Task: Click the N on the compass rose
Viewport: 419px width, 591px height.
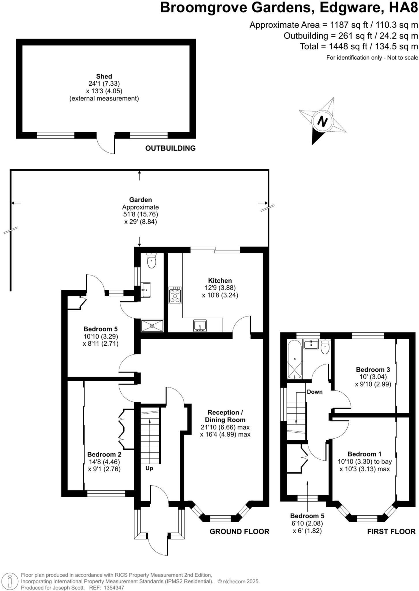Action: [x=322, y=121]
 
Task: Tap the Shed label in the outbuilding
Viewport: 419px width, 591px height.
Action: [x=104, y=76]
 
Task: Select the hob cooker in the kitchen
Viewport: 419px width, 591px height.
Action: [x=175, y=295]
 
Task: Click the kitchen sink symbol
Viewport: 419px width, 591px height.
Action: [x=200, y=326]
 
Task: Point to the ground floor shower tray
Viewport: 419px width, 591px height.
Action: [x=152, y=326]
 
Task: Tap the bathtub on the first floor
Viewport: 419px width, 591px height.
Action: [x=295, y=359]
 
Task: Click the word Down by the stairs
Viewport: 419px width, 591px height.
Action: [x=315, y=392]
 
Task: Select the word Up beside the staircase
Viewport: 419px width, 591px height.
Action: [x=149, y=468]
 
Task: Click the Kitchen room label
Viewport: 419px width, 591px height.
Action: [x=220, y=280]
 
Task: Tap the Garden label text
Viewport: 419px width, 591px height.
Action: [x=140, y=200]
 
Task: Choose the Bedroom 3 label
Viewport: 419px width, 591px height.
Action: [x=373, y=369]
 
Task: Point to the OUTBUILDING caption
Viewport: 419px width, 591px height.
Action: [x=170, y=148]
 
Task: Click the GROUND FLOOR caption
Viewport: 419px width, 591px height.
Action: [x=239, y=532]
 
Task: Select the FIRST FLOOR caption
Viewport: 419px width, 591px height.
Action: [x=391, y=532]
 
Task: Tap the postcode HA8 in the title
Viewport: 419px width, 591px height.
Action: [x=403, y=8]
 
